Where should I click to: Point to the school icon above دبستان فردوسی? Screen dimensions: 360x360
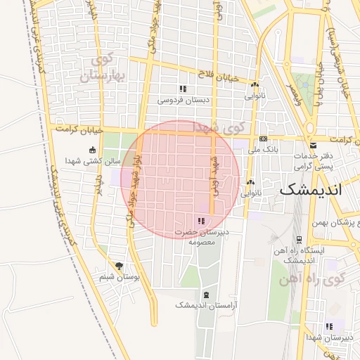(183, 89)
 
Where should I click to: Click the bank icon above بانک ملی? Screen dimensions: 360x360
(263, 139)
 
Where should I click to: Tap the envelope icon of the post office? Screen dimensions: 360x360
(313, 146)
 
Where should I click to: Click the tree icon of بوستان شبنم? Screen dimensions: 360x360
(118, 266)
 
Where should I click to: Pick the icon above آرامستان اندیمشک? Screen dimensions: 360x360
(205, 295)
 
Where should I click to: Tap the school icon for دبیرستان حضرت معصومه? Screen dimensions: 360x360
(202, 221)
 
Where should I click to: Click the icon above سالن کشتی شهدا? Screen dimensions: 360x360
(92, 150)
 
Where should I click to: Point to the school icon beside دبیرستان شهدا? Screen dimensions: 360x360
(328, 326)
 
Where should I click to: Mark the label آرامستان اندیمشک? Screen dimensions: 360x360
(205, 306)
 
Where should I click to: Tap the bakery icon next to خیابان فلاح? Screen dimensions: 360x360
(254, 85)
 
